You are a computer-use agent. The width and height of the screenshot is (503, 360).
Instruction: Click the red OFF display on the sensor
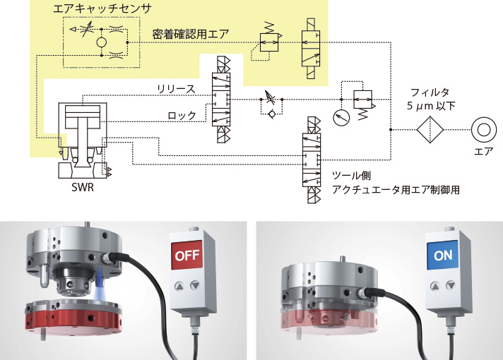tap(187, 255)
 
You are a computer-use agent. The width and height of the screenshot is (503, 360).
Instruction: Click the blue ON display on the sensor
tap(443, 255)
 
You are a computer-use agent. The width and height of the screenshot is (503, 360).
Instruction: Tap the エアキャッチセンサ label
tap(102, 8)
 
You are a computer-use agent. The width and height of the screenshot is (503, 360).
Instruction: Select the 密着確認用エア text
tap(191, 34)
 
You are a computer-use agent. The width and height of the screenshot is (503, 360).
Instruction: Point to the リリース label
tap(176, 89)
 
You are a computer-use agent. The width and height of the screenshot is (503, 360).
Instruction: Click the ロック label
tap(182, 115)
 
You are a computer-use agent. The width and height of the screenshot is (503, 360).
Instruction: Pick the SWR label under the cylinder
tap(83, 187)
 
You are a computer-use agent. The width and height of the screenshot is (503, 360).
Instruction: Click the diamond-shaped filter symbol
tap(430, 130)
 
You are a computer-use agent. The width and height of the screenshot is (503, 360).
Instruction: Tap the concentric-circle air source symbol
tap(484, 130)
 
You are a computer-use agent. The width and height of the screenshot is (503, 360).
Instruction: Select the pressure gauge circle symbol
tap(341, 118)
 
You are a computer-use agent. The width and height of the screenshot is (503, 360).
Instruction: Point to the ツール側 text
tap(351, 176)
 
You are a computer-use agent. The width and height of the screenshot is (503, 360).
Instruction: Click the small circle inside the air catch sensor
tap(101, 42)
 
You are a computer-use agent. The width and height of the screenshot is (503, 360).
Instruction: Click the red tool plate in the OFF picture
tap(73, 318)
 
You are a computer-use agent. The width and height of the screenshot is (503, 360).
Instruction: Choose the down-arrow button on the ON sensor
tap(451, 285)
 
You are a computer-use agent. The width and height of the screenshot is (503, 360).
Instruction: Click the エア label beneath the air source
tap(484, 151)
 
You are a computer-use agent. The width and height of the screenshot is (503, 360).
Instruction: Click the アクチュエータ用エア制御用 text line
tap(396, 189)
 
